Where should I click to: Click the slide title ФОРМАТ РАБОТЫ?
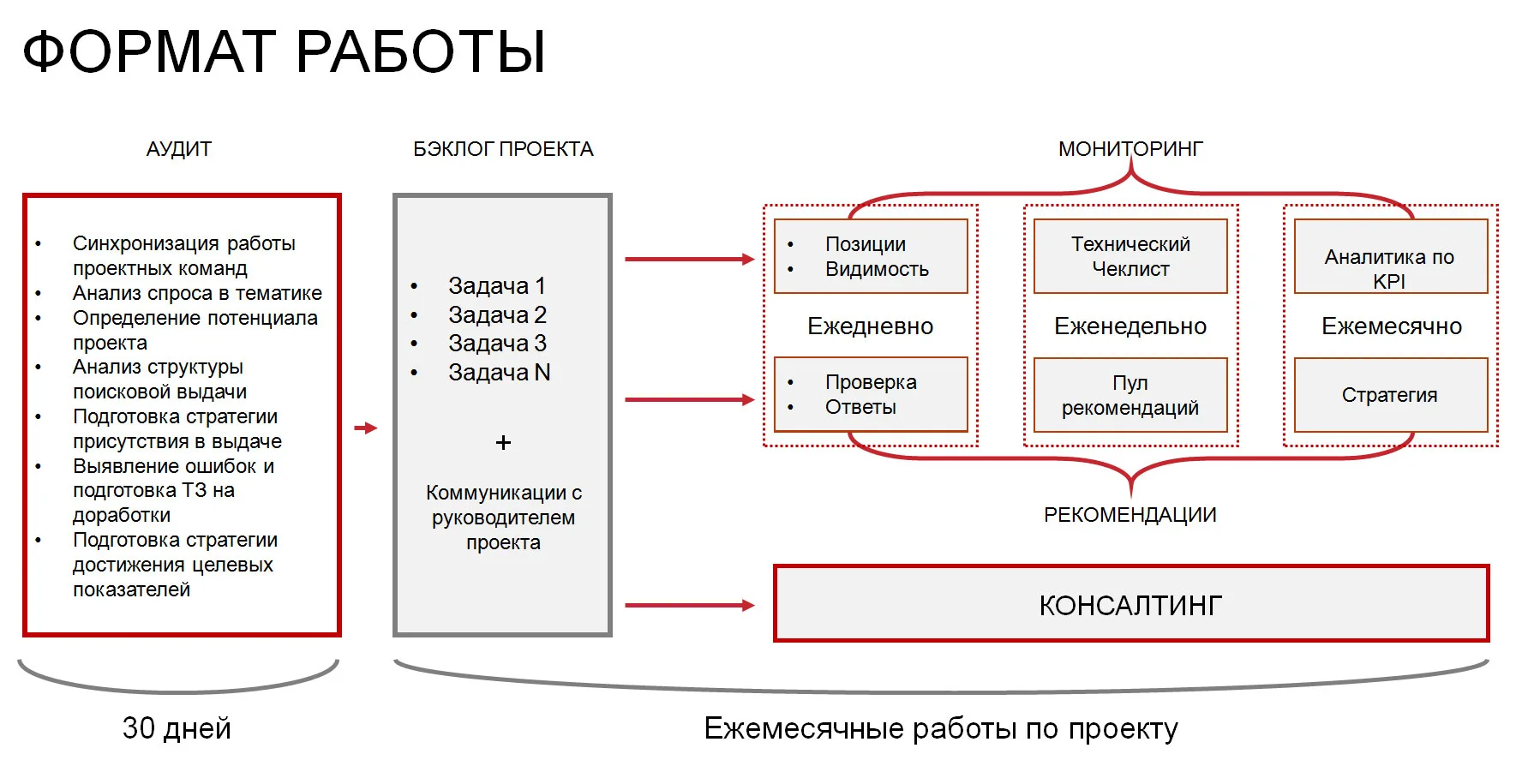(284, 51)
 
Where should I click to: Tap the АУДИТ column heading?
(178, 149)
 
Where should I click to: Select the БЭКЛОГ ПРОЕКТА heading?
(503, 149)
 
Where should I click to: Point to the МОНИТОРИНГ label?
(1130, 149)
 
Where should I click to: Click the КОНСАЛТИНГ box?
(1130, 604)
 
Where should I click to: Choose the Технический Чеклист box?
(1130, 256)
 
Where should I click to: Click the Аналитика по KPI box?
(1390, 257)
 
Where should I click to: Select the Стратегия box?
(1390, 395)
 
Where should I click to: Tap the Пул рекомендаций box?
(1130, 395)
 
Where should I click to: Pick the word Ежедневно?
(870, 326)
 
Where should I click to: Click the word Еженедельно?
(1130, 326)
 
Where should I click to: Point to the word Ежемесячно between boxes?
(1391, 326)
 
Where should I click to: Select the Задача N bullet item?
(499, 373)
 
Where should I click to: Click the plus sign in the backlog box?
(503, 443)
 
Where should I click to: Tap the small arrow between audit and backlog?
(366, 428)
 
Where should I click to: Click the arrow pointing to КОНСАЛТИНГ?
(689, 606)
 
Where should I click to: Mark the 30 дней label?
(177, 728)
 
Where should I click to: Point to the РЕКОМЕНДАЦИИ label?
(1130, 515)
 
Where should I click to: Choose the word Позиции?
(866, 244)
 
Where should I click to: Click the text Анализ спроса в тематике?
(197, 293)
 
